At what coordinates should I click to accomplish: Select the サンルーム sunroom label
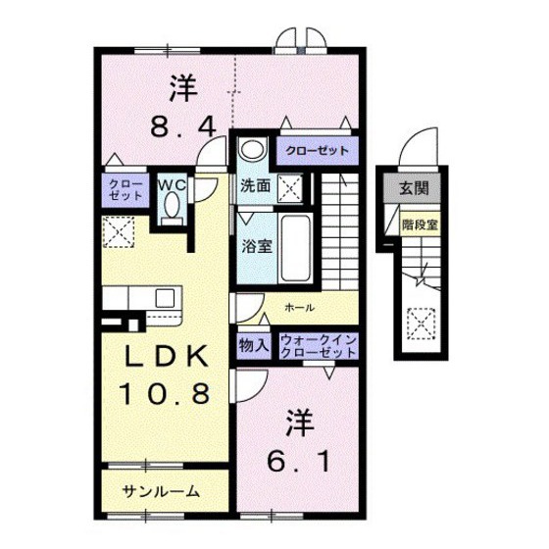click(x=162, y=491)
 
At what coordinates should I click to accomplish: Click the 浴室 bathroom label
click(x=257, y=245)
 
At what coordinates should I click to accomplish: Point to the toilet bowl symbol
click(x=174, y=208)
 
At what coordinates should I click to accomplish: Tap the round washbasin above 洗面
click(x=251, y=151)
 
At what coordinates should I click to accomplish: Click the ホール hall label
click(x=299, y=308)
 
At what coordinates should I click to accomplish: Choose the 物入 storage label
click(x=254, y=345)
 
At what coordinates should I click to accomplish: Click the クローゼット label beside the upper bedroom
click(x=317, y=152)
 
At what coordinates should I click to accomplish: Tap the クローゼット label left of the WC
click(x=125, y=189)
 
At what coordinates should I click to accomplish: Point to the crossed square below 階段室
click(x=420, y=321)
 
